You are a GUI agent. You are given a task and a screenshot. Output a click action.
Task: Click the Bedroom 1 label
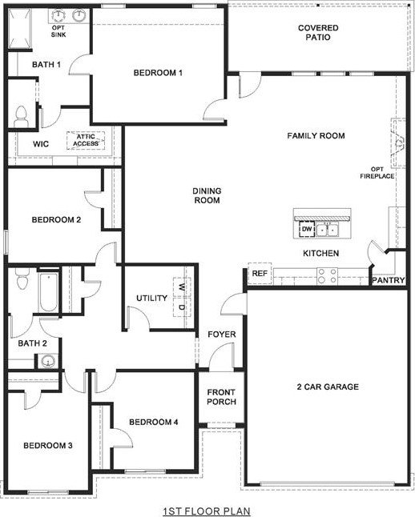point(158,73)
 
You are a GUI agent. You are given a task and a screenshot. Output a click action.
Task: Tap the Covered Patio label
point(318,33)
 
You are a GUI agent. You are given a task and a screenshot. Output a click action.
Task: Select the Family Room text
point(316,136)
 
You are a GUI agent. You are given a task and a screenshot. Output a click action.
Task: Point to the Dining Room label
point(207,195)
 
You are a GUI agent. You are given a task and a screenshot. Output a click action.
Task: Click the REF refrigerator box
point(260,274)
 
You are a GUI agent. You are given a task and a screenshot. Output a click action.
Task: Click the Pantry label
point(389,280)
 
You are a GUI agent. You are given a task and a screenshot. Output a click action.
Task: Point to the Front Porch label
point(221,397)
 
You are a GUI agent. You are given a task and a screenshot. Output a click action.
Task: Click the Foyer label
point(220,334)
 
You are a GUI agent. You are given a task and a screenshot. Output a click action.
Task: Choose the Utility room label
point(151,299)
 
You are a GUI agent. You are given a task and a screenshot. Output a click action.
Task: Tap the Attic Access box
point(87,140)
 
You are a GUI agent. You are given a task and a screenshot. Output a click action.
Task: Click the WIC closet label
point(42,145)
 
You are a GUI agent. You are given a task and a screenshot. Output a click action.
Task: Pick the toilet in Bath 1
point(21,115)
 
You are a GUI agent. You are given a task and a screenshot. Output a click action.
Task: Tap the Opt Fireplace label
point(381,172)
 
